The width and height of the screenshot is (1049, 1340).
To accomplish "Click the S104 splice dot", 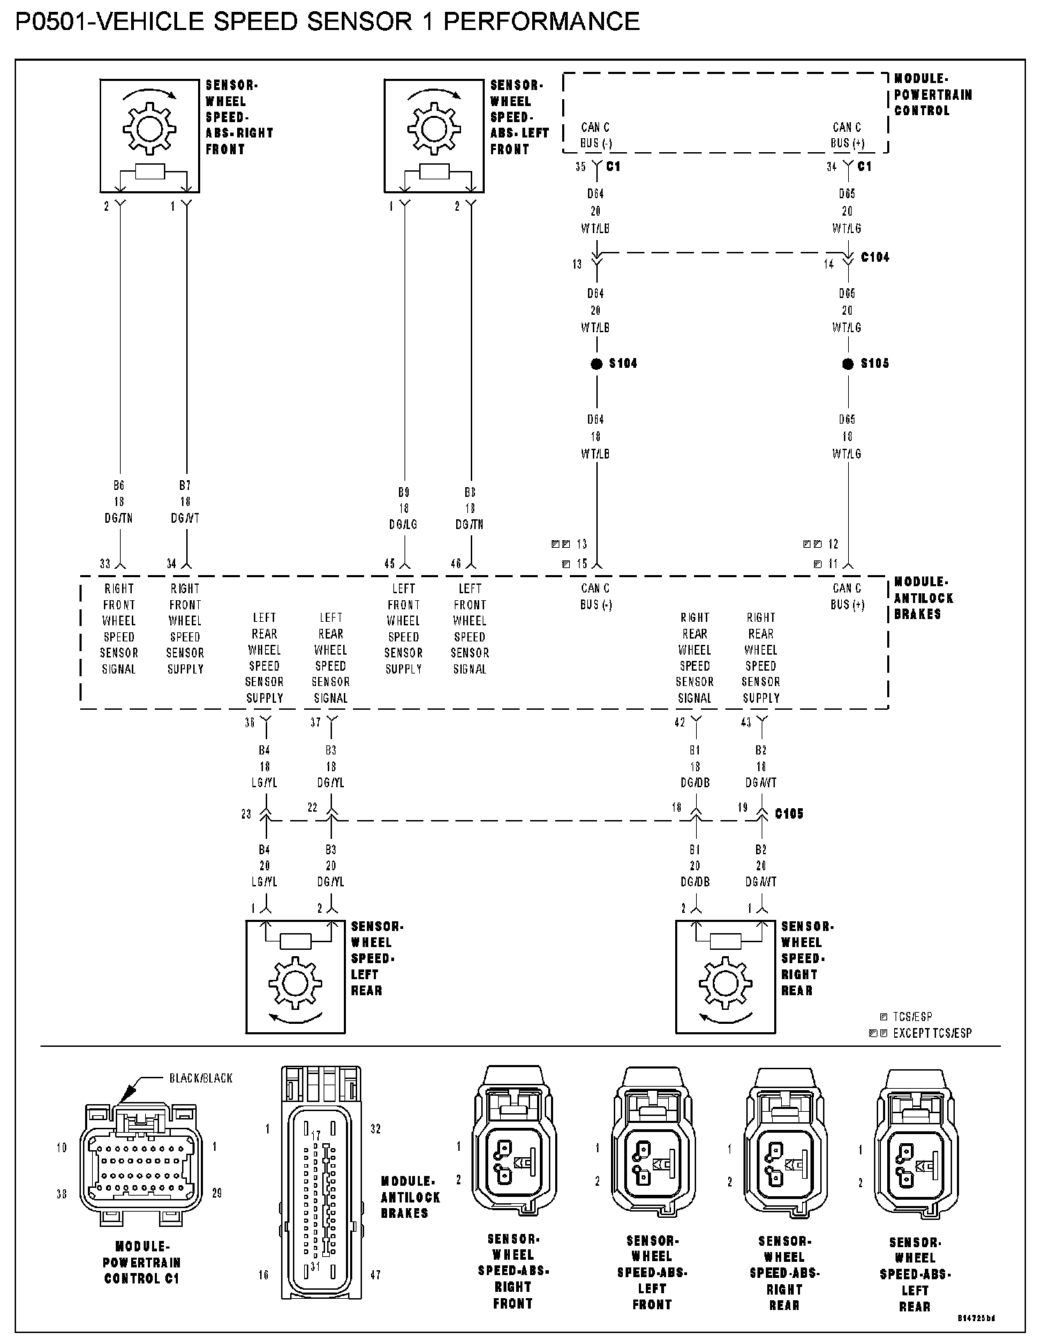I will (596, 364).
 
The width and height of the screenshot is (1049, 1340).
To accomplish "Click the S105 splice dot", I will (848, 364).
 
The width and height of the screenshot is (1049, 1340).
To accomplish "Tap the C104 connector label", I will (875, 258).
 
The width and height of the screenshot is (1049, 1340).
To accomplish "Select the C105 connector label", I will (789, 814).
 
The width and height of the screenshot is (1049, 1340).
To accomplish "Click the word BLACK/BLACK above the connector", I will (201, 1078).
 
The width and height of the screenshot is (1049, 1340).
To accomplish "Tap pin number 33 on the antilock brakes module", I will (105, 564).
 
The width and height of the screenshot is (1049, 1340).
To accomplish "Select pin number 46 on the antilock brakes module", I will (456, 564).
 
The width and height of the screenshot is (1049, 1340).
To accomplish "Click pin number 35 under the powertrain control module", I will (580, 167).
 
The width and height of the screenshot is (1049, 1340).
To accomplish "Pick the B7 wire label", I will (185, 485).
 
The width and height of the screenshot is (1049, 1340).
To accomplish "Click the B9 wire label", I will (404, 492).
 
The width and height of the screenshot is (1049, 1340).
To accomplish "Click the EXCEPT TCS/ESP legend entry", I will (931, 1033).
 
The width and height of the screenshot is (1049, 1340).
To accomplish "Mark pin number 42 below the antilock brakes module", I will (679, 723).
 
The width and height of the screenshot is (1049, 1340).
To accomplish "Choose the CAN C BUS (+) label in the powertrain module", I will (847, 135).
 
